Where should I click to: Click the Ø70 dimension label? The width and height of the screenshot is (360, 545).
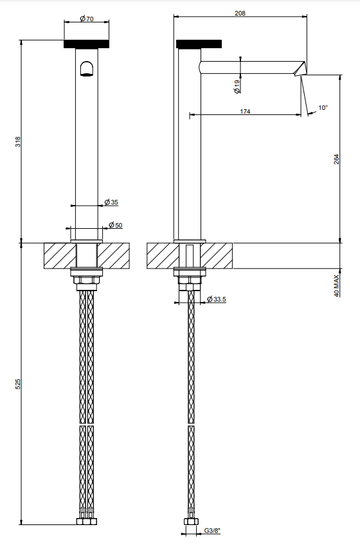pos(87,19)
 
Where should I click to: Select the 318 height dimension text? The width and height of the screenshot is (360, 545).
pos(18,141)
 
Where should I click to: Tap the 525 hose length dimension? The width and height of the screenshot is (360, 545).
pos(18,384)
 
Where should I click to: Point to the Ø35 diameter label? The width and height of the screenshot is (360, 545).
pos(111,202)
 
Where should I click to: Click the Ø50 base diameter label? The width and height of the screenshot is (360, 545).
pos(116,225)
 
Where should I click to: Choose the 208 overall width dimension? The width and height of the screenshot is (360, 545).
pos(240,13)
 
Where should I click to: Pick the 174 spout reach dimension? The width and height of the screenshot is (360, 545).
pos(245,112)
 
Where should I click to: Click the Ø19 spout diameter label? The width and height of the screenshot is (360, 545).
pos(237,87)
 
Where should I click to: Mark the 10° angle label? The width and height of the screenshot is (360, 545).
pos(323,108)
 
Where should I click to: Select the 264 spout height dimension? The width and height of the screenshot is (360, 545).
pos(336,159)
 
